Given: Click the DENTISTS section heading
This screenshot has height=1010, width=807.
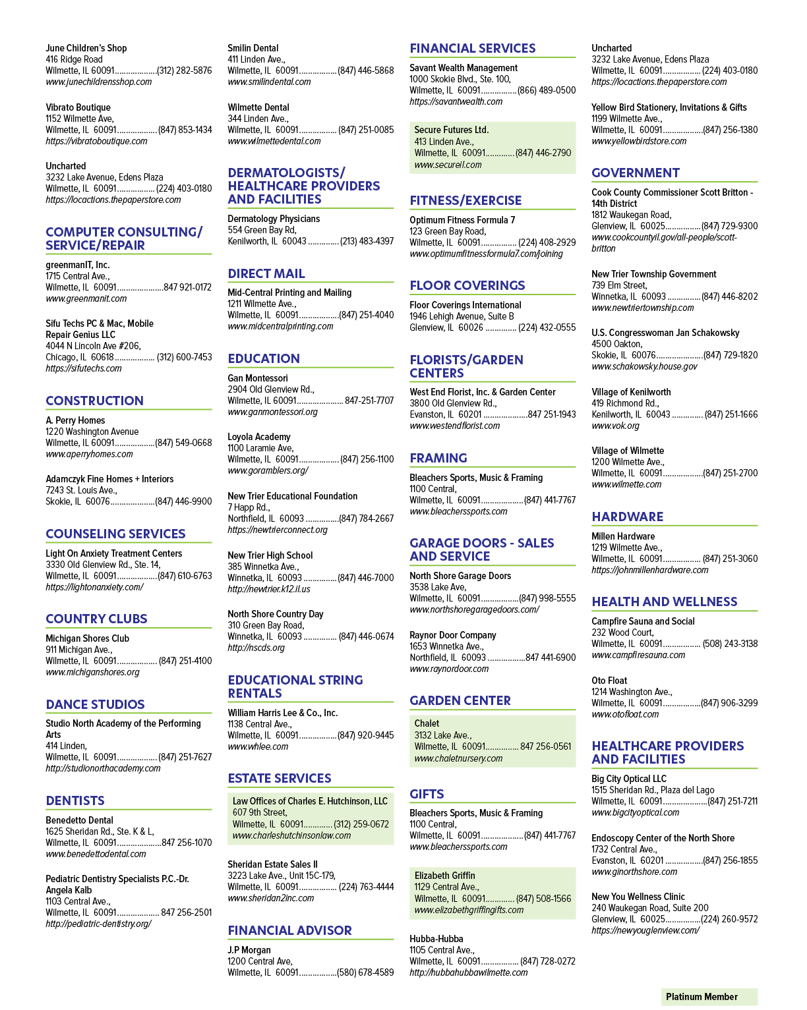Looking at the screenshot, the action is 75,800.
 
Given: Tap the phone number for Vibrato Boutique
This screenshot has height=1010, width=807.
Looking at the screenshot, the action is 185,130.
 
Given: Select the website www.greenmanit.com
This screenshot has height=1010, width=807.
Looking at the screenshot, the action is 86,298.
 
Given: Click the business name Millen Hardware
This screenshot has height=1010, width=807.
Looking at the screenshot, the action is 623,536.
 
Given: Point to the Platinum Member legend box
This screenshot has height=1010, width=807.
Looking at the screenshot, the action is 709,996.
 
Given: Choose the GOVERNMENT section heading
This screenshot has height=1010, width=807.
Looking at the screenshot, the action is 635,173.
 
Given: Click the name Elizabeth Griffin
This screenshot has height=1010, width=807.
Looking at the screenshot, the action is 444,876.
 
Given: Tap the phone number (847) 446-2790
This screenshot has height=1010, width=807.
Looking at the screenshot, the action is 543,153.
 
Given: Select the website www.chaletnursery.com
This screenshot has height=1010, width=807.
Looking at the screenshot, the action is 458,758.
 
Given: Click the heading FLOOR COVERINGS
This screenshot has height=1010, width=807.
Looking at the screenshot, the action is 467,285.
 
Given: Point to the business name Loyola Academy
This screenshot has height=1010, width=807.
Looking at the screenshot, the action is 259,436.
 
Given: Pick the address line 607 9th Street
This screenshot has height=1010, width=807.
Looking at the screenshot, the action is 260,812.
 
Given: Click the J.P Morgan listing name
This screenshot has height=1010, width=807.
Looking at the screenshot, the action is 249,950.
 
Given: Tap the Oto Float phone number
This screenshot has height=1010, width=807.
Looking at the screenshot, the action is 729,702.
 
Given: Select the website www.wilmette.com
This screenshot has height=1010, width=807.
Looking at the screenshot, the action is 626,484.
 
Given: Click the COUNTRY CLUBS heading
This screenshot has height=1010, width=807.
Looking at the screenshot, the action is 96,619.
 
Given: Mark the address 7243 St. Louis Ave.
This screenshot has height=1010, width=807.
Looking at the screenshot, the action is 81,490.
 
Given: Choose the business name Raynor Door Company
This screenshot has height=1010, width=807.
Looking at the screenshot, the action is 452,635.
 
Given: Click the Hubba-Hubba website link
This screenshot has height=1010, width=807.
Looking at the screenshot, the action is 468,972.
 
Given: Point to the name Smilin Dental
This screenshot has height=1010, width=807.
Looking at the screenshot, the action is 253,48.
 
